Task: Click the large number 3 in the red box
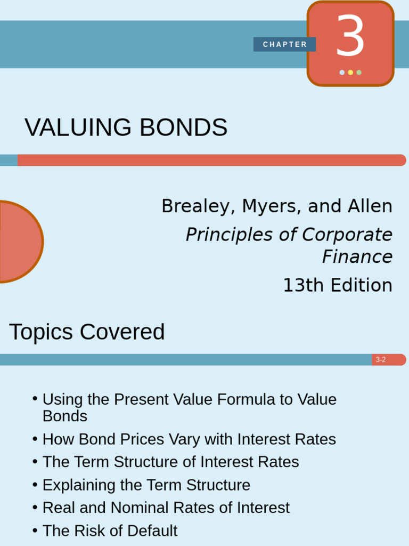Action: click(x=350, y=37)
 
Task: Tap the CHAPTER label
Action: click(x=285, y=45)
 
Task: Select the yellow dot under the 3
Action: click(x=350, y=73)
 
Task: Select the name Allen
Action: click(x=372, y=206)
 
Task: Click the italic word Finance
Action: click(x=357, y=257)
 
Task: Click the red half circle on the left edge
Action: click(x=19, y=242)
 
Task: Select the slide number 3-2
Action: click(x=381, y=360)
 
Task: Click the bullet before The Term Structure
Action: click(x=35, y=462)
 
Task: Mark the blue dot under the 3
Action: click(x=342, y=73)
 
